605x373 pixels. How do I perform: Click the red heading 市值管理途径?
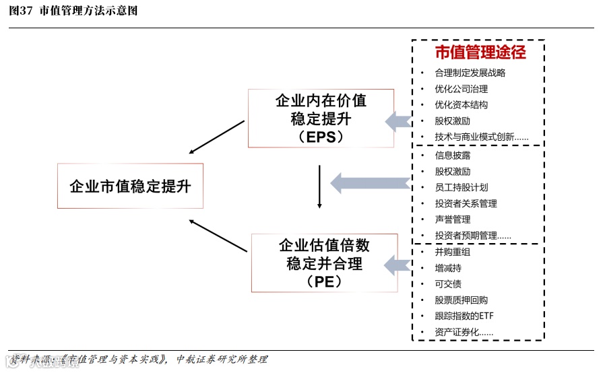[480, 52]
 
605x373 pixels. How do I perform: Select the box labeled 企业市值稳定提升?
[130, 186]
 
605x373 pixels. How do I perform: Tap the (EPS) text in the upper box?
[320, 136]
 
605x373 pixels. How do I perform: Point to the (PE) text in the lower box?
[323, 281]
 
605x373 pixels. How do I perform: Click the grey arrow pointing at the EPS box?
[399, 121]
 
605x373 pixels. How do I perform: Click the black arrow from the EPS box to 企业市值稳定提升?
[217, 137]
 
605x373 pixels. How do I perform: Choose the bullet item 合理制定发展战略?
[470, 73]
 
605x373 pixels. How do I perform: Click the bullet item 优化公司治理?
[461, 89]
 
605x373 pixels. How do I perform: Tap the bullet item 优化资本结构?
[461, 105]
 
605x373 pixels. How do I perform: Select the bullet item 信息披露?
[452, 156]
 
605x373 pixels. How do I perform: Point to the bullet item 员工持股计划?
[461, 187]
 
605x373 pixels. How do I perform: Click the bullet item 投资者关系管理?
[466, 203]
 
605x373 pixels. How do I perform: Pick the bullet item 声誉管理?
[452, 219]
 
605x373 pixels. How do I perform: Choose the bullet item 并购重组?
[452, 252]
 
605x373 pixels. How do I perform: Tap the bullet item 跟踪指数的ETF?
[464, 316]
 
